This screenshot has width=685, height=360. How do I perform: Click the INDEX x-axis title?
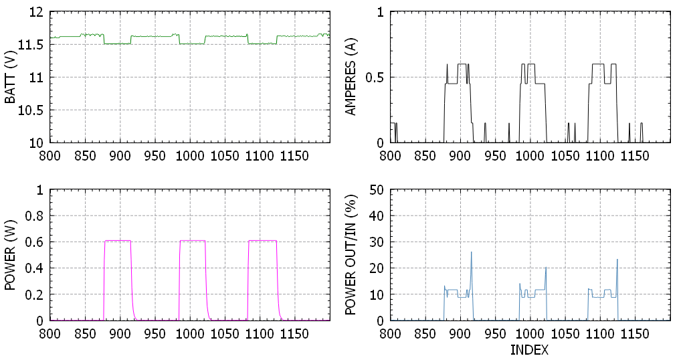click(529, 349)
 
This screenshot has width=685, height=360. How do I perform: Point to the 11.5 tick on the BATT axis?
click(33, 45)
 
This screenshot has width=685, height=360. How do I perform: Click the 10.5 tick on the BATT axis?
click(33, 110)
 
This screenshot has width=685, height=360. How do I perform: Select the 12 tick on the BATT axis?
click(38, 12)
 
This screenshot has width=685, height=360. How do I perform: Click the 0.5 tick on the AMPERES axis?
click(377, 78)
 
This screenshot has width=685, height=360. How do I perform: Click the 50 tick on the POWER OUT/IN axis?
click(377, 190)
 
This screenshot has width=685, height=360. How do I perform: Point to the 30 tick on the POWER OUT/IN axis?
click(377, 242)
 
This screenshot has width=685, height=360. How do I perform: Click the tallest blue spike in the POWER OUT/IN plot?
click(471, 252)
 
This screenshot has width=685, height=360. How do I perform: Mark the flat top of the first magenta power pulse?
click(118, 240)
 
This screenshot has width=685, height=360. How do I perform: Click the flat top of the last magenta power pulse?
click(262, 240)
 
